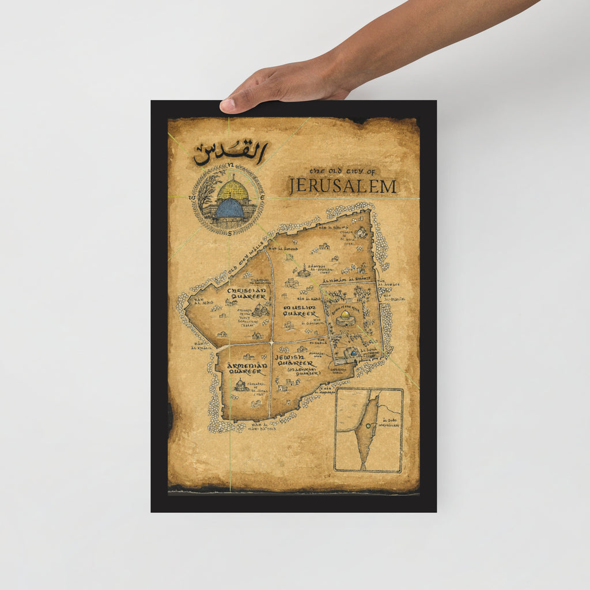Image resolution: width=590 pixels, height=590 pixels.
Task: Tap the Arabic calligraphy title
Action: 230,153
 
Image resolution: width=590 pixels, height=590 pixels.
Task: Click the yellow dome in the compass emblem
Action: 232,190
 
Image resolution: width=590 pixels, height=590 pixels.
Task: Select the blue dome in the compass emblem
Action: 229,209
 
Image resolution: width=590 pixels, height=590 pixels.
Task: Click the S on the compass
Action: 229,233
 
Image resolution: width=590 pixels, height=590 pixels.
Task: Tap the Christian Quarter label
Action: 247,294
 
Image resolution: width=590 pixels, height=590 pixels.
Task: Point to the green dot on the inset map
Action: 368,426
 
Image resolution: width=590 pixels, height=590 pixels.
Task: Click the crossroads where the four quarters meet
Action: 271,343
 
